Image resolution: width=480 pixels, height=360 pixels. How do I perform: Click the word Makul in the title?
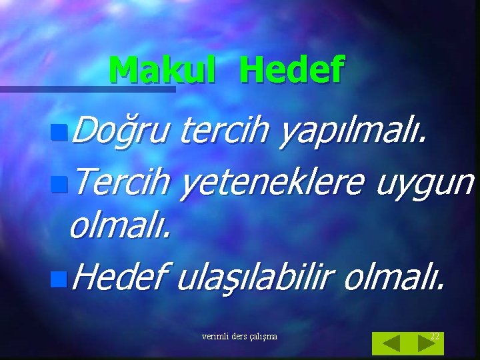[162, 69]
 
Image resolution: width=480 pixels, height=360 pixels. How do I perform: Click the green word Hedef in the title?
[291, 69]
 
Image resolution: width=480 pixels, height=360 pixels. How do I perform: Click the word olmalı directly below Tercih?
[119, 227]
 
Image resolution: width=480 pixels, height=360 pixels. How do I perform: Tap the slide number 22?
[435, 336]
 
